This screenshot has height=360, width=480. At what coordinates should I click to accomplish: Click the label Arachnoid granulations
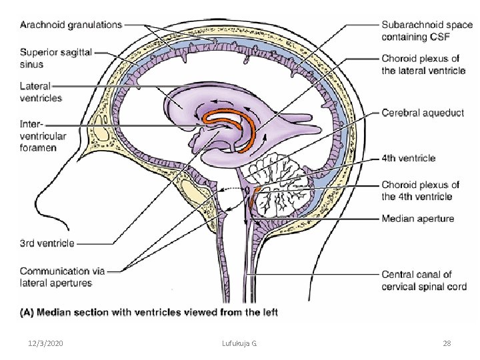71,25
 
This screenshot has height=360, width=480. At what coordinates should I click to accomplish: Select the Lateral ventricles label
41,92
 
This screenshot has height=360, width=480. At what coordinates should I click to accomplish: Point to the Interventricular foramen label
43,135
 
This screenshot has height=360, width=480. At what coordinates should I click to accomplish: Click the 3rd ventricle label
47,243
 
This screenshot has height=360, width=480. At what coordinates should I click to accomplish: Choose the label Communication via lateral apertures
63,277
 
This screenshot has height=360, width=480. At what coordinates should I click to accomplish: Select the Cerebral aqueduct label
423,113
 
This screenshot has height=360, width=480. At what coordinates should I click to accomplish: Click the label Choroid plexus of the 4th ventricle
420,191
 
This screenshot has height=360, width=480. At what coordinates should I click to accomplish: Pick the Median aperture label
418,219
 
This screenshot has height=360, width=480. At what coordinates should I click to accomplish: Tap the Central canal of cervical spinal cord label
424,280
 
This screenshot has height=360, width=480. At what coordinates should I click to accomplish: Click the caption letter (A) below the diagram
29,311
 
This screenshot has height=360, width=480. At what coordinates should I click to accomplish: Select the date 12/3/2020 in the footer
47,343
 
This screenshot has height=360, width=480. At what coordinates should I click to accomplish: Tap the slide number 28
447,343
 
